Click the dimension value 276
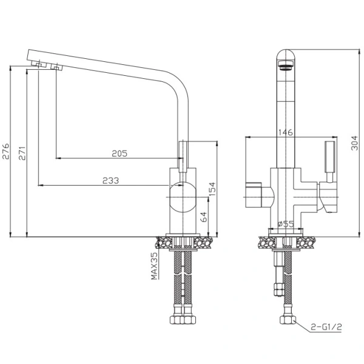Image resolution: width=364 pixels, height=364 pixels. click(x=5, y=151)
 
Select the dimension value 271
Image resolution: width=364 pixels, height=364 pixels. click(x=22, y=153)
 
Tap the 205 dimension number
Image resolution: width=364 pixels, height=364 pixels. click(x=120, y=153)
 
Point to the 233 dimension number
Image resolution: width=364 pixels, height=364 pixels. click(x=111, y=180)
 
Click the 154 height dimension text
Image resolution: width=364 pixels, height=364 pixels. click(x=212, y=189)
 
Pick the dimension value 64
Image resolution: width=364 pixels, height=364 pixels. click(x=203, y=217)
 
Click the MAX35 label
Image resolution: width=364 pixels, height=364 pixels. click(x=154, y=266)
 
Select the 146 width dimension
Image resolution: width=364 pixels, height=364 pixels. click(x=286, y=132)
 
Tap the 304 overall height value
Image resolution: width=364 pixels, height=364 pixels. click(x=355, y=143)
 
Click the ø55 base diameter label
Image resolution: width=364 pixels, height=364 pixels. click(x=286, y=224)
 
